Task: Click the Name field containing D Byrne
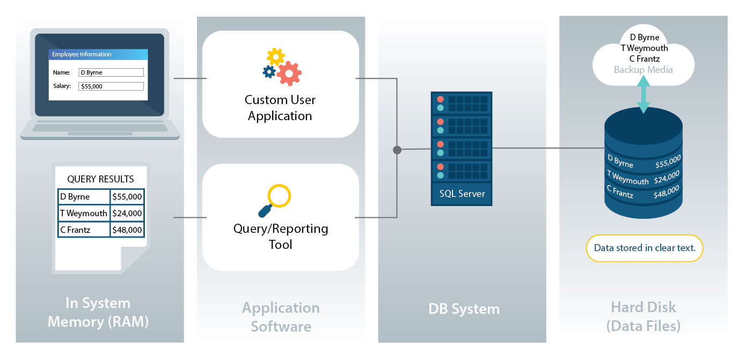[x=111, y=72]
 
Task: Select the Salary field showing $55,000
[x=111, y=86]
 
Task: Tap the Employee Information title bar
[x=98, y=54]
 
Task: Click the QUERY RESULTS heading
[x=100, y=179]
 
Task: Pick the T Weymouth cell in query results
[x=84, y=213]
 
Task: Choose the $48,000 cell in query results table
[x=127, y=230]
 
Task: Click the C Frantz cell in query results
[x=84, y=230]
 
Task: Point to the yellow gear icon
[x=276, y=56]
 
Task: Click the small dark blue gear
[x=269, y=71]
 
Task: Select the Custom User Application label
[x=280, y=108]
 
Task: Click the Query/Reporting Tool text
[x=280, y=237]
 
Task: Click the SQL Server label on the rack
[x=462, y=194]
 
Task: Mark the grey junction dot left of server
[x=397, y=150]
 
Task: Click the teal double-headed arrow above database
[x=643, y=94]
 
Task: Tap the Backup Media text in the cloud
[x=643, y=70]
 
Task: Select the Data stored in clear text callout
[x=644, y=248]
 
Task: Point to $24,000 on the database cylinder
[x=667, y=177]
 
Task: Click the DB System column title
[x=464, y=309]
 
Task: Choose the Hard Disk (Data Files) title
[x=644, y=316]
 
